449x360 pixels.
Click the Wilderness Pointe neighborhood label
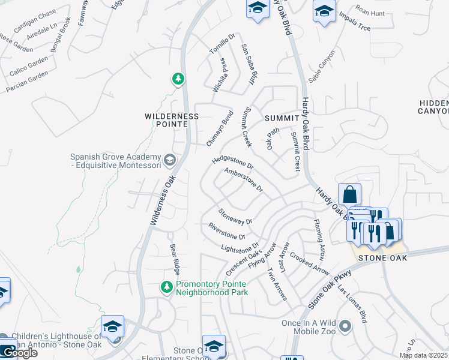[x=172, y=120]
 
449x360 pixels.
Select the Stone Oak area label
[x=383, y=258]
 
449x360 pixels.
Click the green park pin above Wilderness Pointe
[x=178, y=79]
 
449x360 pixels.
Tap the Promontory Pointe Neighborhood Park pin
[x=167, y=288]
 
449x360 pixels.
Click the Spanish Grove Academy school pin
[x=170, y=160]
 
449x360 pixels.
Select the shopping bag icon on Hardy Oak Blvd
[x=349, y=194]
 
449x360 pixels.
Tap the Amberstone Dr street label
[x=244, y=179]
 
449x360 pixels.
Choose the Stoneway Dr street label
[x=236, y=216]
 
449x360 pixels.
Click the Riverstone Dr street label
[x=227, y=231]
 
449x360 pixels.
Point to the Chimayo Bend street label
[x=220, y=128]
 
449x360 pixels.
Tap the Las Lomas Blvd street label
[x=352, y=303]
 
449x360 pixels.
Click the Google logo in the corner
[x=19, y=353]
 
